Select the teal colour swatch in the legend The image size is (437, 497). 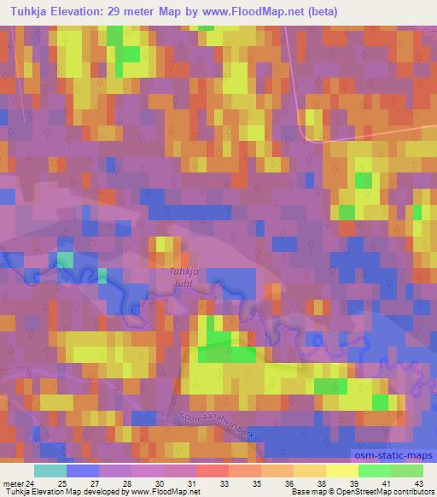coord(50,471)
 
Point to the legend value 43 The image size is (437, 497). coord(419,483)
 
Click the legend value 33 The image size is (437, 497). coord(224,483)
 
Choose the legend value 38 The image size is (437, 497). coord(321,483)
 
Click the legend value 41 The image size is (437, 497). coord(386,483)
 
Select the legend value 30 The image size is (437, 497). coord(159,483)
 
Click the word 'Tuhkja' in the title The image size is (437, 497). coord(27,12)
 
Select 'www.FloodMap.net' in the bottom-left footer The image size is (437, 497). coord(163,493)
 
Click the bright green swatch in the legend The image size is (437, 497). coord(374,471)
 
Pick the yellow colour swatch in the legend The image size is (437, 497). coord(341,471)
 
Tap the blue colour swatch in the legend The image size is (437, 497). coord(83,471)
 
